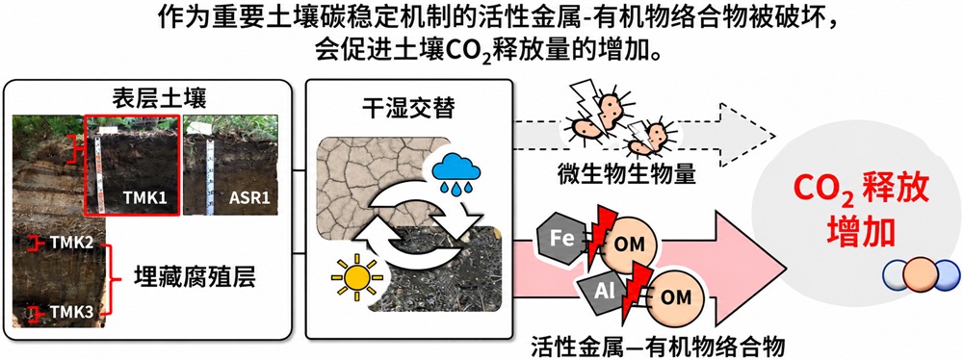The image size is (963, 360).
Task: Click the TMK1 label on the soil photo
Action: point(146,198)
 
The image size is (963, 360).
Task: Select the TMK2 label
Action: point(72,244)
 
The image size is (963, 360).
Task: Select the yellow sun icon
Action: point(355,279)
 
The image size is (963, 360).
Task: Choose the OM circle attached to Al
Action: point(675,297)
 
